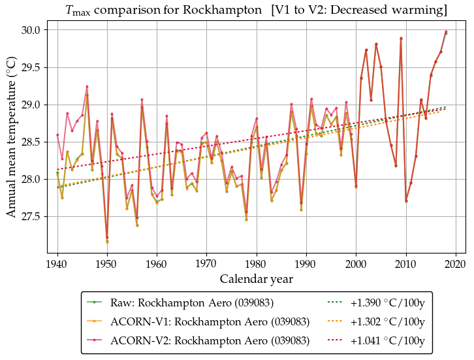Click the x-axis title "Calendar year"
(256, 279)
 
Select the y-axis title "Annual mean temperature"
(12, 141)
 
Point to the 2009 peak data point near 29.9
(401, 39)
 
